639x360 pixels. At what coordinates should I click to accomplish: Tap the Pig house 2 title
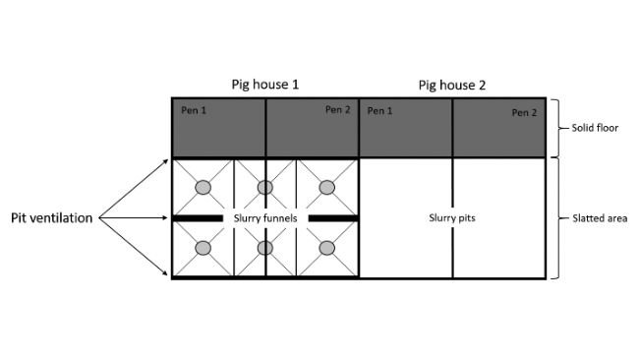coord(451,85)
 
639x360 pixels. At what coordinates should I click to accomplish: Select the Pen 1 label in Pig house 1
coord(194,109)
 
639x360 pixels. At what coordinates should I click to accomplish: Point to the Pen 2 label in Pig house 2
coord(524,113)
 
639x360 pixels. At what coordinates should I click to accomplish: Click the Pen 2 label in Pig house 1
coord(337,109)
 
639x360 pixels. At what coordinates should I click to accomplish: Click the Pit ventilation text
coord(52,218)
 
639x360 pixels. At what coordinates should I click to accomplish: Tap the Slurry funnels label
coord(265,217)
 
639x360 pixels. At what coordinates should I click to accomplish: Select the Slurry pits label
coord(452,217)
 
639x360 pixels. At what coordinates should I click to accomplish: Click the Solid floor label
coord(596,128)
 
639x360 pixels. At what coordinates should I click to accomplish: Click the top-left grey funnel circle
coord(203,187)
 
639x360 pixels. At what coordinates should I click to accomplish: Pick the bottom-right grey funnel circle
coord(326,249)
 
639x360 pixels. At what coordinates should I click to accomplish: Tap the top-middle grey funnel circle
coord(264,187)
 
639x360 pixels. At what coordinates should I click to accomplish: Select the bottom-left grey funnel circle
coord(203,249)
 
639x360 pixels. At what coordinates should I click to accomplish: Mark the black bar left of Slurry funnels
coord(200,217)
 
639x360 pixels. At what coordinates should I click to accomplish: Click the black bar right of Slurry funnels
coord(331,217)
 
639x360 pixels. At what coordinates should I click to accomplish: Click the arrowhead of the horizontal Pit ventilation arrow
coord(168,218)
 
